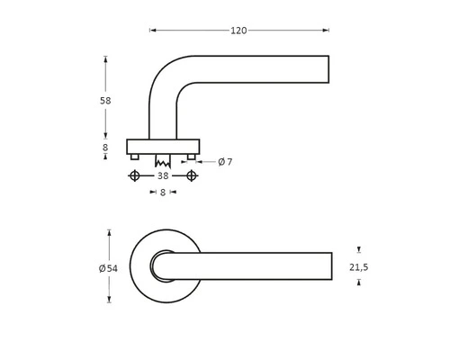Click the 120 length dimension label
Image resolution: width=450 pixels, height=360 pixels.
238,31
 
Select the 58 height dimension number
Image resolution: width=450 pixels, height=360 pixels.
105,101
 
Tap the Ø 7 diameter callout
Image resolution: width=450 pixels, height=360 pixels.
225,162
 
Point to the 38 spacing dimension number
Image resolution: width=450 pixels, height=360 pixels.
163,176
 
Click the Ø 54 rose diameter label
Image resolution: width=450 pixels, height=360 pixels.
107,268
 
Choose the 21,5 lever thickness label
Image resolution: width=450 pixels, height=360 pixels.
358,267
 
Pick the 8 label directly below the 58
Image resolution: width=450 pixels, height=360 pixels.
105,148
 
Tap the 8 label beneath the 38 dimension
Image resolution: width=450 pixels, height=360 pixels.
163,192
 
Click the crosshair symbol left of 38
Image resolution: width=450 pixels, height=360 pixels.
135,176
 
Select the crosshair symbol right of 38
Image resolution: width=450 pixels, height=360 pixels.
191,176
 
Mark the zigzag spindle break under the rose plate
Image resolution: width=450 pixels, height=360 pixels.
163,164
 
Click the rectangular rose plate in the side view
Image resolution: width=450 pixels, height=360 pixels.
163,146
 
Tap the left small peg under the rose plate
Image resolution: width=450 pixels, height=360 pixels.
135,157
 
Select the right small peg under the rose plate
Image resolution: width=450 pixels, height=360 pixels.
191,157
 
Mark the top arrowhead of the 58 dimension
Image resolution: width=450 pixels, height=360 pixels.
105,60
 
